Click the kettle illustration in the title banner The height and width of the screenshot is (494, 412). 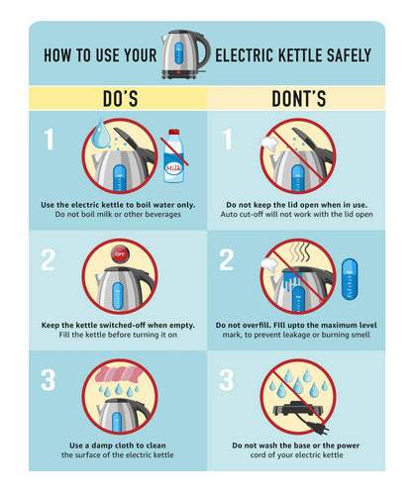185,54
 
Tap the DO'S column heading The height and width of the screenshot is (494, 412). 120,98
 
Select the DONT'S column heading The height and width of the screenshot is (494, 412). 298,98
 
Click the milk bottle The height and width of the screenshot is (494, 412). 174,155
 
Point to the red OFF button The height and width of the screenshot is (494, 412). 120,254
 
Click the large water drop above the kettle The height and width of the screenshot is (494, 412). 101,133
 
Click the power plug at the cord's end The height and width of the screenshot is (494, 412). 319,428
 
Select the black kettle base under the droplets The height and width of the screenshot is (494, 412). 298,408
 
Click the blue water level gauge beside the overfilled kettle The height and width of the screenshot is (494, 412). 350,279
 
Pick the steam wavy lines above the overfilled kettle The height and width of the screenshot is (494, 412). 300,252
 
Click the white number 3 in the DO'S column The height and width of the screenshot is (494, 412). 49,380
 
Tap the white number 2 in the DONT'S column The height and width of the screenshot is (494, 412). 227,259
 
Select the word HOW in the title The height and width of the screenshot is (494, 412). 57,55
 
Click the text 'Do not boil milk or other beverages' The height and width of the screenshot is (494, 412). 118,214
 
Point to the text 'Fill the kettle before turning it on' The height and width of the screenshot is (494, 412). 118,335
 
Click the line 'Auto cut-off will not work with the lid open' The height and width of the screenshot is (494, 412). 296,214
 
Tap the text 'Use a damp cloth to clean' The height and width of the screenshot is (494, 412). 118,445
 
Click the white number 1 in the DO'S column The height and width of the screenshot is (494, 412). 49,140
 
